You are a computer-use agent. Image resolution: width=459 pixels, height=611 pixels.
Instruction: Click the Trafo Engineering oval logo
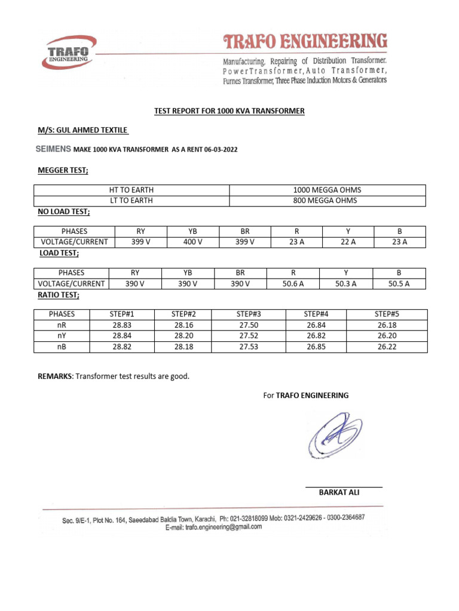[x=69, y=53]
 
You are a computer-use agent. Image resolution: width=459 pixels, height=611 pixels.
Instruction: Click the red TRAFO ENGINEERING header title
[x=305, y=42]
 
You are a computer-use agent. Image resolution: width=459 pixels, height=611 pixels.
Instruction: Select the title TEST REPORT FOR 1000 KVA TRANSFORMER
[x=229, y=111]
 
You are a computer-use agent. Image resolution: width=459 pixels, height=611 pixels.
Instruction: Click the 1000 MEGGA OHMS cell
[x=327, y=190]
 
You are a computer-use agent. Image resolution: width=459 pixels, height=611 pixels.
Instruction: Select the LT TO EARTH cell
[x=131, y=200]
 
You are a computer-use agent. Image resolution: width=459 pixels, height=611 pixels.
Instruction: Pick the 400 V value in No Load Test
[x=192, y=242]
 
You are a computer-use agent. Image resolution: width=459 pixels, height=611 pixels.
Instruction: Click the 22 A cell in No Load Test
[x=347, y=242]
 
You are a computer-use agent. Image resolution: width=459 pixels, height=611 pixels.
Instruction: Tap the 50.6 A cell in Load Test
[x=293, y=283]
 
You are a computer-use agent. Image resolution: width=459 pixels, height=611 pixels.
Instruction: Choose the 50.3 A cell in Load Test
[x=345, y=283]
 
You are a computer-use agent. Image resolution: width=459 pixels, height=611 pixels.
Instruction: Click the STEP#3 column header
[x=248, y=314]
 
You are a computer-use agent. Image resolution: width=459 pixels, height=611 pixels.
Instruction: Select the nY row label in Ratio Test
[x=62, y=335]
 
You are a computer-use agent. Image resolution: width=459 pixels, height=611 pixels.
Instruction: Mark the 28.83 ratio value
[x=121, y=325]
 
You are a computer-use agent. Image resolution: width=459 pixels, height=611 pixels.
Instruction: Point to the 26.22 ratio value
[x=387, y=347]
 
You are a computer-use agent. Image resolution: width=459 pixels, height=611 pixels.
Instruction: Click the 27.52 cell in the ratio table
[x=248, y=336]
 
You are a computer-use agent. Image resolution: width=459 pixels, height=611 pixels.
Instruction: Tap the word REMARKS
[x=55, y=376]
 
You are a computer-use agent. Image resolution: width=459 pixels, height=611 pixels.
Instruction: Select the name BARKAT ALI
[x=339, y=492]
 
